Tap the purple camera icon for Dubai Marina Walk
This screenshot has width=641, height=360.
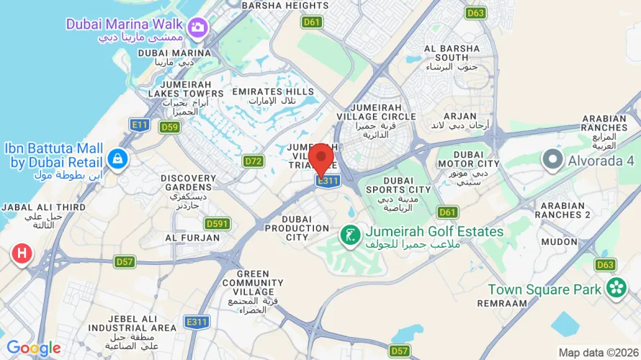point(197,27)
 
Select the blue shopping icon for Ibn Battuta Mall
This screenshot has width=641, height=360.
point(115,158)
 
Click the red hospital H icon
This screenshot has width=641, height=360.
point(22,253)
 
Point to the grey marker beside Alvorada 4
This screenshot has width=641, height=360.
point(552,158)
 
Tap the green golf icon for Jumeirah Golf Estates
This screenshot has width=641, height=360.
point(350,235)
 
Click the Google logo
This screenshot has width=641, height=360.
point(34,348)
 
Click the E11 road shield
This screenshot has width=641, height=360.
point(140,125)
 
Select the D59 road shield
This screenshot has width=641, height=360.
point(169,127)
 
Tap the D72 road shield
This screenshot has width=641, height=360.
point(253,161)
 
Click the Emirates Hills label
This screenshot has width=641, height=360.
point(273,92)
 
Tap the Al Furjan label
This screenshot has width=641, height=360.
point(192,237)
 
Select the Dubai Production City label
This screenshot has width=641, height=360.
point(287,228)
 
